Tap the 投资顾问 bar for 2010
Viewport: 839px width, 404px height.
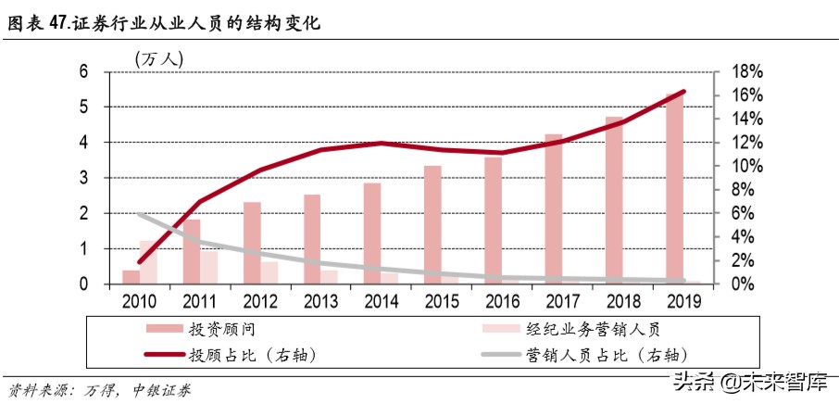tap(130, 276)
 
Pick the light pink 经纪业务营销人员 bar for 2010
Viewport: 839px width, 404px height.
tap(148, 262)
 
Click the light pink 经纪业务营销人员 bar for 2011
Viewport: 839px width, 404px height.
tap(208, 267)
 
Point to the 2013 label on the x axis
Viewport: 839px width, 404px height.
tap(319, 301)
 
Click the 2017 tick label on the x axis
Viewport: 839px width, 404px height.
tap(562, 301)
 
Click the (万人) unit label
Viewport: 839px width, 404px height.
tap(159, 57)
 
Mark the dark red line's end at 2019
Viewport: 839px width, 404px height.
tap(683, 91)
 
